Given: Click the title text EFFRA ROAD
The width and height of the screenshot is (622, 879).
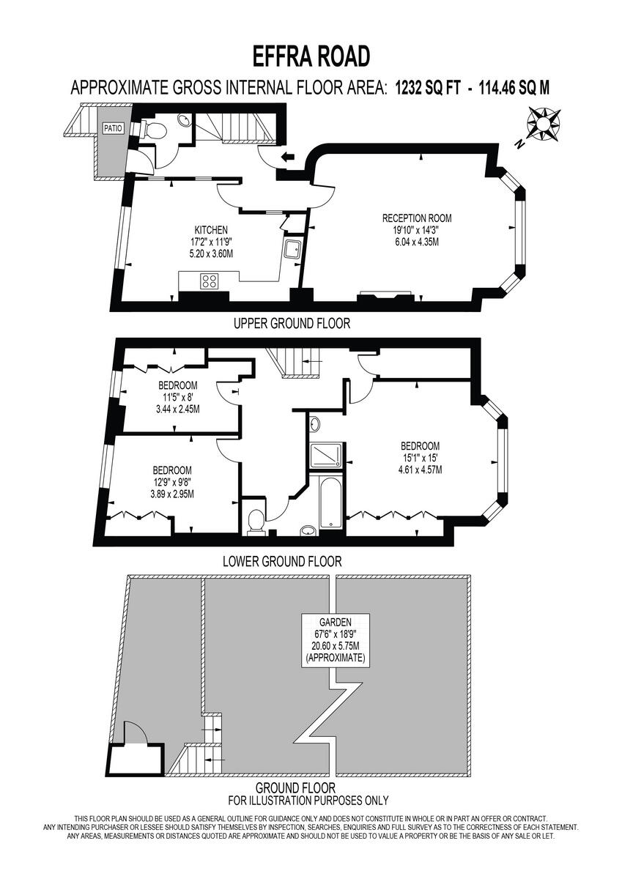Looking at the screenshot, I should tap(311, 56).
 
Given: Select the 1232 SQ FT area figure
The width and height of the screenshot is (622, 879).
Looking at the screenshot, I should tap(428, 88).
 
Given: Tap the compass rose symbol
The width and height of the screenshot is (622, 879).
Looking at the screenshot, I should tap(544, 125).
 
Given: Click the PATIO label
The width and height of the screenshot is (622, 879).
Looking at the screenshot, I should tap(113, 127).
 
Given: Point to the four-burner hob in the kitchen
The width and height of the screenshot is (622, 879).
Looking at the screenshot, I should tap(210, 280).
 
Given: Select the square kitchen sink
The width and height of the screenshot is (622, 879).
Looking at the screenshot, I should tap(292, 249).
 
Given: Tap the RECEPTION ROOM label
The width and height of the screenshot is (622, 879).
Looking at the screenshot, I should tap(416, 218).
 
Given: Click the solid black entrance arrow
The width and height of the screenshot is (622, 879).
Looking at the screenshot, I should tap(289, 156).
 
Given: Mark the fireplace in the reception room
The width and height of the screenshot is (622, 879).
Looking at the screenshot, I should tap(385, 297).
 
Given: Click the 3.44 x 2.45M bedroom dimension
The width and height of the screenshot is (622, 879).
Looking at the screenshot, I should tap(178, 409).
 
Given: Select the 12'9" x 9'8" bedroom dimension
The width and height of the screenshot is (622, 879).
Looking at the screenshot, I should tap(173, 482).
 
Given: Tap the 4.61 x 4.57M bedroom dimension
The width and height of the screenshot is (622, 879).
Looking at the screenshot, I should tap(419, 470).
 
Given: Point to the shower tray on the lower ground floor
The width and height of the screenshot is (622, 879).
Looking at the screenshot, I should tap(325, 456).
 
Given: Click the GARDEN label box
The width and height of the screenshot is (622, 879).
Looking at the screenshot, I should tap(335, 639).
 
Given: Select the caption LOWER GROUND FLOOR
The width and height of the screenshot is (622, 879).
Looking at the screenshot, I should tap(282, 562).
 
